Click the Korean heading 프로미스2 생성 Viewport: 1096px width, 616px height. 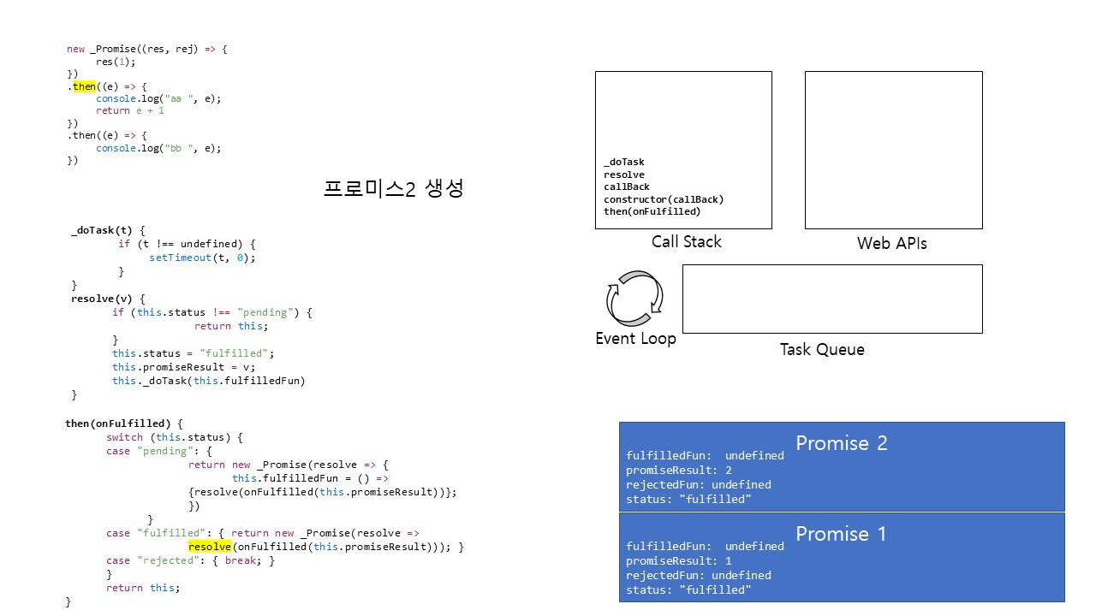click(393, 189)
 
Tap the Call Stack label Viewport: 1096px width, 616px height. click(686, 242)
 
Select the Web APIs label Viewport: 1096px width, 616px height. click(891, 244)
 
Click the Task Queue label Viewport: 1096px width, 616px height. click(822, 350)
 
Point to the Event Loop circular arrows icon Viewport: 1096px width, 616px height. click(634, 299)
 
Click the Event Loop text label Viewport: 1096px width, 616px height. click(635, 339)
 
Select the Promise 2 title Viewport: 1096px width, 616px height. click(841, 443)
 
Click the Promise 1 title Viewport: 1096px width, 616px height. click(841, 534)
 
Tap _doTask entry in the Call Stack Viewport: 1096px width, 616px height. click(623, 163)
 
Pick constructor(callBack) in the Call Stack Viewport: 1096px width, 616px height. click(663, 199)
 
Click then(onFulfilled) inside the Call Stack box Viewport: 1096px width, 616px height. click(652, 212)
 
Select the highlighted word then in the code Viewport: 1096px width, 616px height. click(84, 86)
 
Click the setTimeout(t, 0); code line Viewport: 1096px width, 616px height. click(202, 258)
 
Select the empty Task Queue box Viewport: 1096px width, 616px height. click(831, 299)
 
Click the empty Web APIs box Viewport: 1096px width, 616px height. click(893, 150)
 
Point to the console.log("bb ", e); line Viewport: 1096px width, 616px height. click(158, 148)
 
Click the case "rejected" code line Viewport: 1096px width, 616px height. click(190, 561)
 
